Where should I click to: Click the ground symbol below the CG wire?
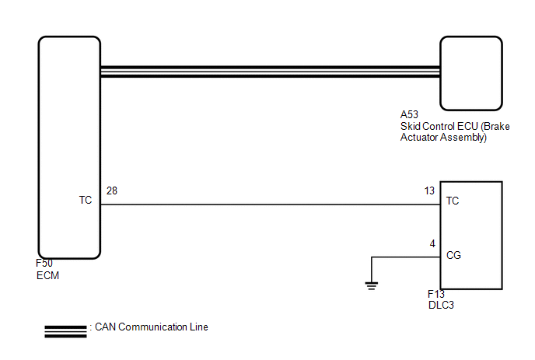tap(371, 286)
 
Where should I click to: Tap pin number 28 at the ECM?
tap(112, 190)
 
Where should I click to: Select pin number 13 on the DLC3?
tap(429, 190)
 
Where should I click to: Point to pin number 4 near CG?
tap(432, 243)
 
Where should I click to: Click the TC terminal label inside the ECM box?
tap(86, 200)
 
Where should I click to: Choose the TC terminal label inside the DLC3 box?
tap(453, 201)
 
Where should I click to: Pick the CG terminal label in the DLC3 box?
tap(453, 255)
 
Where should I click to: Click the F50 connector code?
tap(44, 263)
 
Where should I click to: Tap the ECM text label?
tap(47, 275)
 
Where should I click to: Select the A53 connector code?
tap(409, 114)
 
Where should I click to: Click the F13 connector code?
tap(436, 294)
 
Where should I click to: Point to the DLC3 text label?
tap(441, 305)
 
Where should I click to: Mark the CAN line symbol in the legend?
tap(65, 332)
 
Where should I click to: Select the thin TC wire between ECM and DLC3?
tap(271, 204)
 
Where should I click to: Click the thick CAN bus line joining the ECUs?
tap(271, 72)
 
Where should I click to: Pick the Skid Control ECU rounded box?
tap(471, 37)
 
